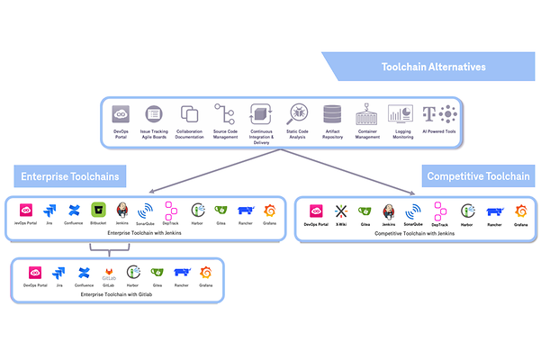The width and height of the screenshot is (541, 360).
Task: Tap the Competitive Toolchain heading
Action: pyautogui.click(x=477, y=175)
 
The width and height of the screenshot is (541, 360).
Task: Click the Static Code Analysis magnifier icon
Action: pyautogui.click(x=297, y=114)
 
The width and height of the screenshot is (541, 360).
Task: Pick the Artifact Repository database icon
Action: pyautogui.click(x=332, y=114)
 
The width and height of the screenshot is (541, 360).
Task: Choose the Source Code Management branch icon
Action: pyautogui.click(x=224, y=114)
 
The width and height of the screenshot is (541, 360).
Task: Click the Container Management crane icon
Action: pyautogui.click(x=366, y=114)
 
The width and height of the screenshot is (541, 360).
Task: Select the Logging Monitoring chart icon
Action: pyautogui.click(x=401, y=114)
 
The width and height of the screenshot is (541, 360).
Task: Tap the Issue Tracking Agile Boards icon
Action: pyautogui.click(x=154, y=114)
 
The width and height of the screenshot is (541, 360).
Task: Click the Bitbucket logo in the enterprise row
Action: pyautogui.click(x=99, y=210)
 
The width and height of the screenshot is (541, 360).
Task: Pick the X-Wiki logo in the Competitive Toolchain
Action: pyautogui.click(x=340, y=211)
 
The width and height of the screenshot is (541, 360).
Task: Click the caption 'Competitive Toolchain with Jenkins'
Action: pyautogui.click(x=412, y=233)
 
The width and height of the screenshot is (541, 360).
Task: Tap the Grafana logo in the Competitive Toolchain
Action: pyautogui.click(x=519, y=211)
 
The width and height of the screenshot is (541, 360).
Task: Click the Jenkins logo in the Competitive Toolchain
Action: pyautogui.click(x=390, y=211)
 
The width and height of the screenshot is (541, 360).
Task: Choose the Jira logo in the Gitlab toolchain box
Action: pyautogui.click(x=59, y=272)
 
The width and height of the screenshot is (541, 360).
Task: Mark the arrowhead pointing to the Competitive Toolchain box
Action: pyautogui.click(x=413, y=192)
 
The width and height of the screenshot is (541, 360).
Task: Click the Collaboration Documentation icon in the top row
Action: pyautogui.click(x=189, y=114)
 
